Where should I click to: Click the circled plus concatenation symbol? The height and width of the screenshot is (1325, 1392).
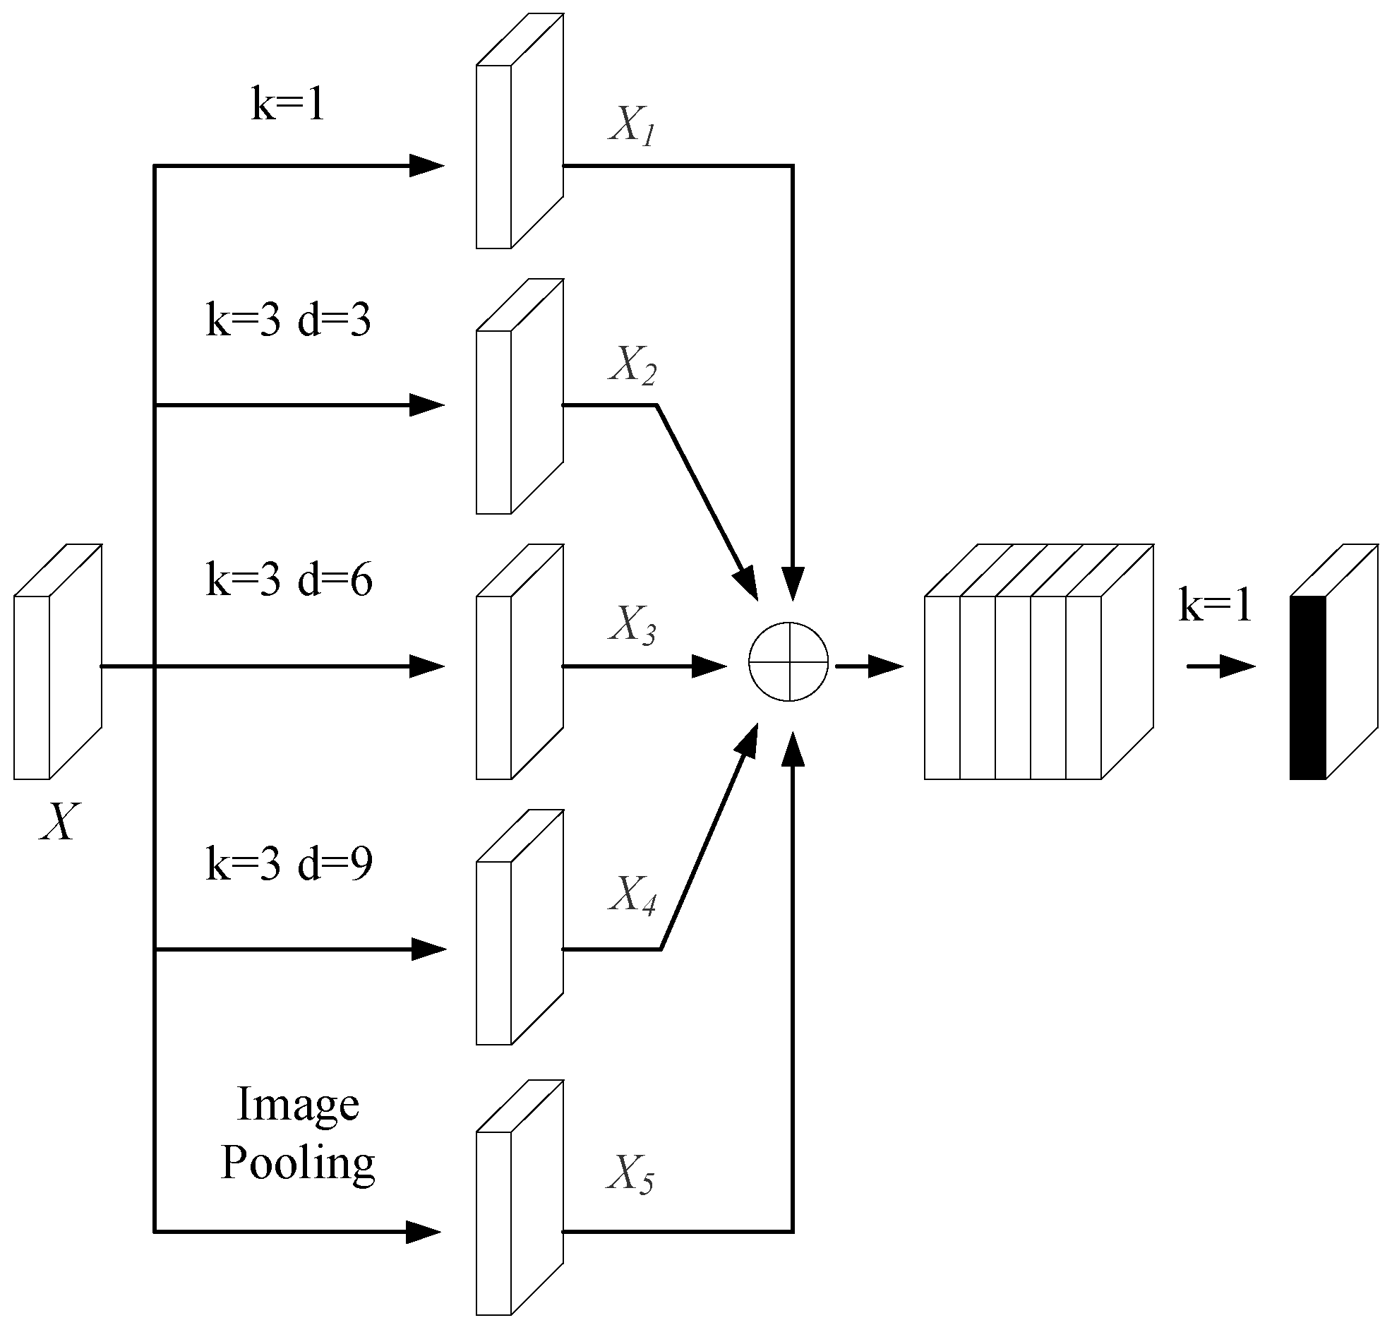point(788,661)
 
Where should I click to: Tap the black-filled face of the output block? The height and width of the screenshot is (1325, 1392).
point(1307,688)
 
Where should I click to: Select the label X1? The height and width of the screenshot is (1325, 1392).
point(632,128)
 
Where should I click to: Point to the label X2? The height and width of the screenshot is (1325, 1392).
point(632,366)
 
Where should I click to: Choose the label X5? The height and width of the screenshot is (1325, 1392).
point(630,1175)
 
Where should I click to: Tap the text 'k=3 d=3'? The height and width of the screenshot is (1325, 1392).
point(288,320)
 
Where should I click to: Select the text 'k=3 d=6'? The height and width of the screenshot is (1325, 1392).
point(289,580)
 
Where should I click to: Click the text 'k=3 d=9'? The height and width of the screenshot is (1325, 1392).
point(289,863)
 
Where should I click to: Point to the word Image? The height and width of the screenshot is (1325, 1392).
point(297,1105)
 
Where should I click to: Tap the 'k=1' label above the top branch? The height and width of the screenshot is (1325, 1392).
point(288,104)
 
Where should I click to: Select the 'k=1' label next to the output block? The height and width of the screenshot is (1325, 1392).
point(1215,605)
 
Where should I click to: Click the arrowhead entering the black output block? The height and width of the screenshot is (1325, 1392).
point(1237,666)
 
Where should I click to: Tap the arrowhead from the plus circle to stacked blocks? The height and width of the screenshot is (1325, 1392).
point(886,666)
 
